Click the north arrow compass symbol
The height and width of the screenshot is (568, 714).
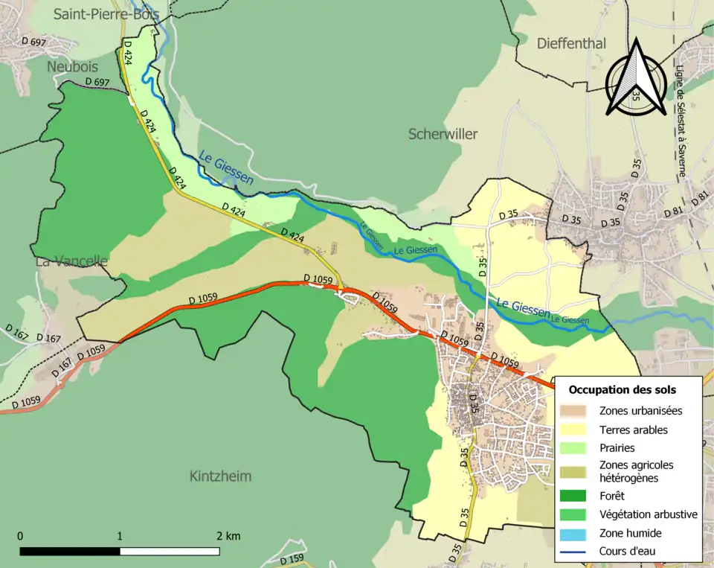635,78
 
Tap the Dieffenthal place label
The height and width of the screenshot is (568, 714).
571,44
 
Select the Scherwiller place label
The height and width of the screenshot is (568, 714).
443,134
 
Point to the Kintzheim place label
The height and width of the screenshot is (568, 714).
220,476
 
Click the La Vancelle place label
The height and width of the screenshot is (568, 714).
71,261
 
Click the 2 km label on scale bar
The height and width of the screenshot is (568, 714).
228,536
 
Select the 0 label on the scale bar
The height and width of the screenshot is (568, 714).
20,536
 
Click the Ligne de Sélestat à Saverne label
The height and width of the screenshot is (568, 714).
681,122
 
